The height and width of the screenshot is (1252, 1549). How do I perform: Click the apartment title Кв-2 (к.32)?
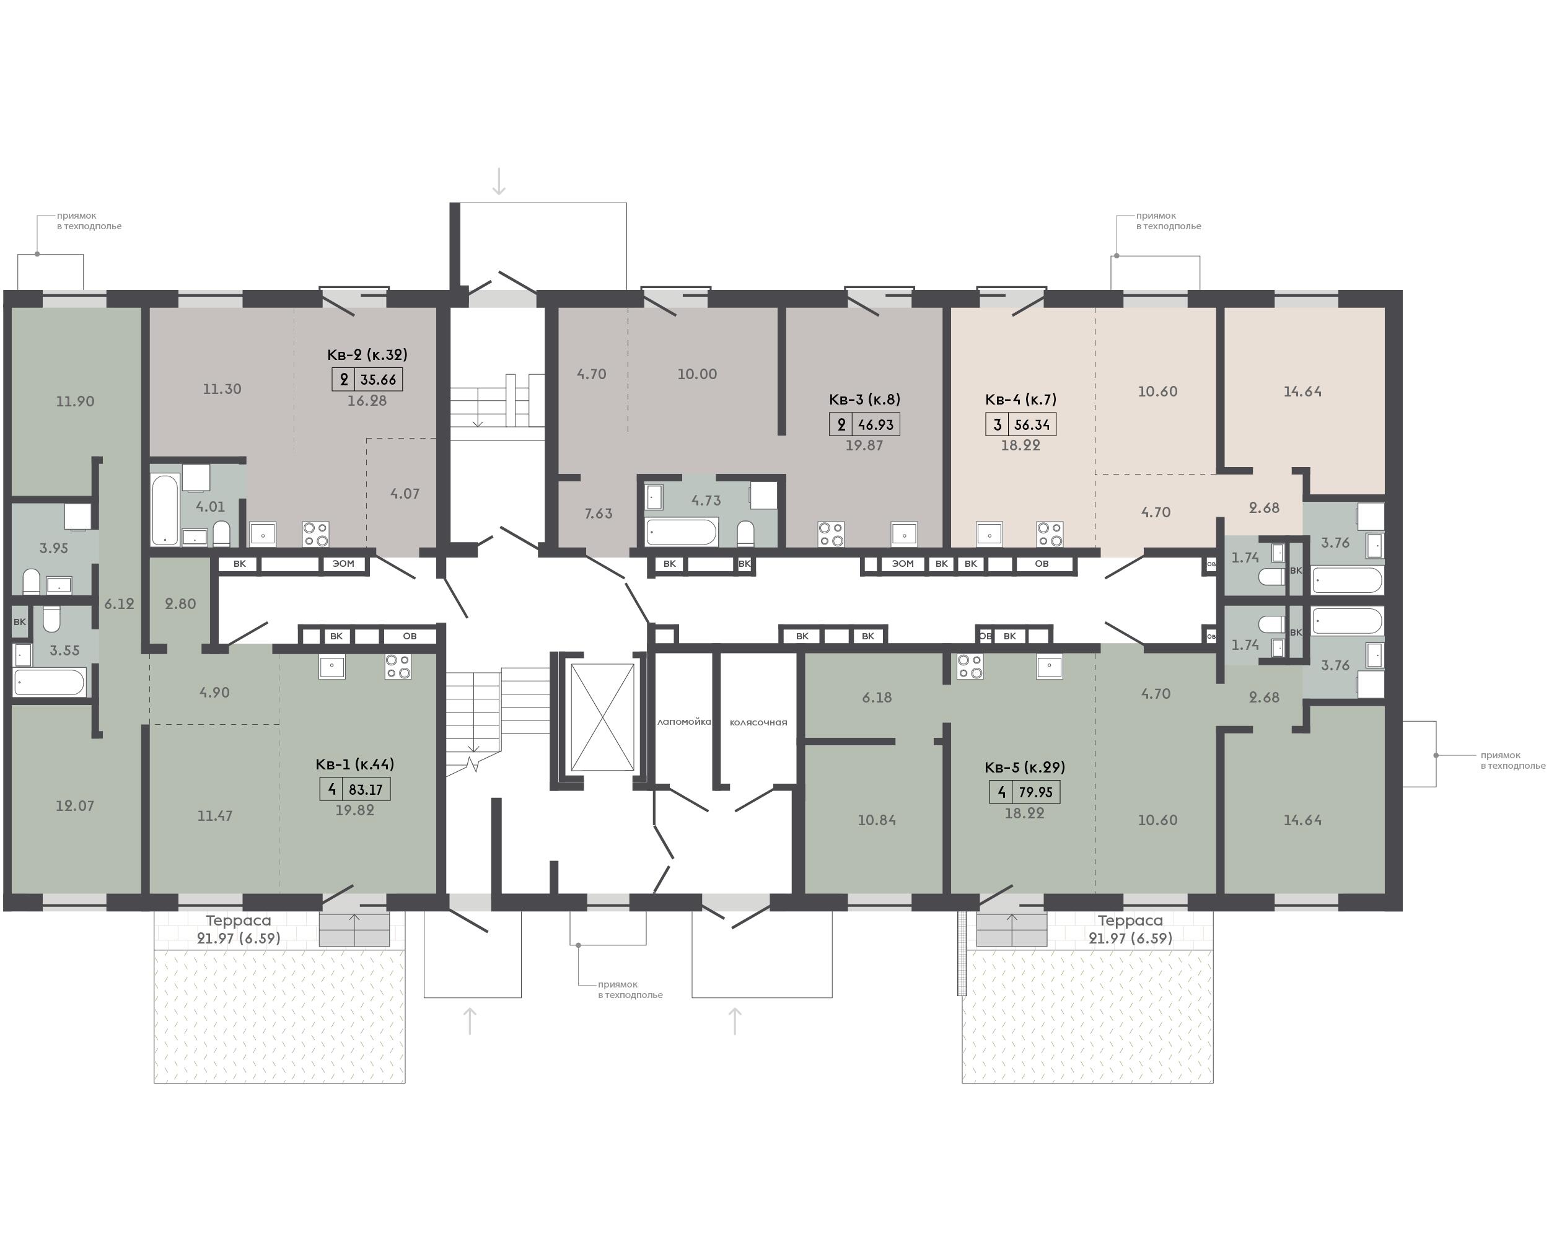[367, 355]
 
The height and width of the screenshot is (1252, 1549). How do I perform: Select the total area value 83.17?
[366, 790]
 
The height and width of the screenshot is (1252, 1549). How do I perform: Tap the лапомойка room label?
[683, 722]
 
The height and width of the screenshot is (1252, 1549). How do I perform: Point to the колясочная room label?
[758, 722]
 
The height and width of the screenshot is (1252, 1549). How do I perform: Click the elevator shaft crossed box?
[602, 717]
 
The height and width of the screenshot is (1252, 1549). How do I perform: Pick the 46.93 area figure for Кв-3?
[875, 425]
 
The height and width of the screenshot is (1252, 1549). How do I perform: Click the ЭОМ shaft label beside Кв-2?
[343, 564]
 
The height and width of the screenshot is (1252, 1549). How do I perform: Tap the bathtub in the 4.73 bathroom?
[682, 532]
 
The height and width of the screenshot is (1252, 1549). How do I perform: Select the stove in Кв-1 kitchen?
[397, 667]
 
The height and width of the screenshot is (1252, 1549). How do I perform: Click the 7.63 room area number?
[599, 514]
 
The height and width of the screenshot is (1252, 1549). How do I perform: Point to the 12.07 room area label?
[75, 805]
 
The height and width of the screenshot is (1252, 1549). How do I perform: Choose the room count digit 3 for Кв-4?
[998, 425]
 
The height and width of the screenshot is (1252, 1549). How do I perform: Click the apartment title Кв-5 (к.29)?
[1025, 767]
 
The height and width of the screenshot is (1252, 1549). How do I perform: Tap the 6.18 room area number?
[877, 698]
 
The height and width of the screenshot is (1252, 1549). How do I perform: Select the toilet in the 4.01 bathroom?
[221, 533]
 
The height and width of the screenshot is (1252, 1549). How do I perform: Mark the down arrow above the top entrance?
[498, 181]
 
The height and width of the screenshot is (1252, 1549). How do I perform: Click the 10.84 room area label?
[877, 820]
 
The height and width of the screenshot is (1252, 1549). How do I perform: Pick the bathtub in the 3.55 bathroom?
[50, 682]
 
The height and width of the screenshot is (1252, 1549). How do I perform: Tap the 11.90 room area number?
[75, 401]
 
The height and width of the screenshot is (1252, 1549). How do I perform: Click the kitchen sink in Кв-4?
[990, 535]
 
